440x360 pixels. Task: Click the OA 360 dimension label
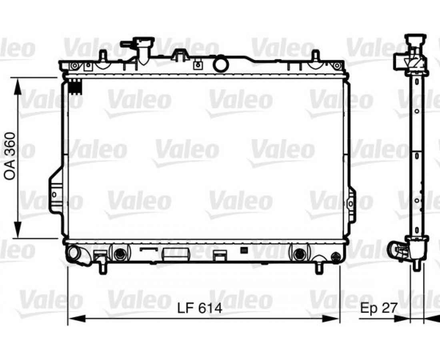tap(10, 156)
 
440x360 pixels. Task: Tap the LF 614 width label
tap(200, 308)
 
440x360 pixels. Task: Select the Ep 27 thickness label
tap(378, 308)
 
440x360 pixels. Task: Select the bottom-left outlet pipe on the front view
tap(76, 254)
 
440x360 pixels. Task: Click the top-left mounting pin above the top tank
tap(104, 56)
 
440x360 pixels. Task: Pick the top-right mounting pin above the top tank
tap(316, 56)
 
